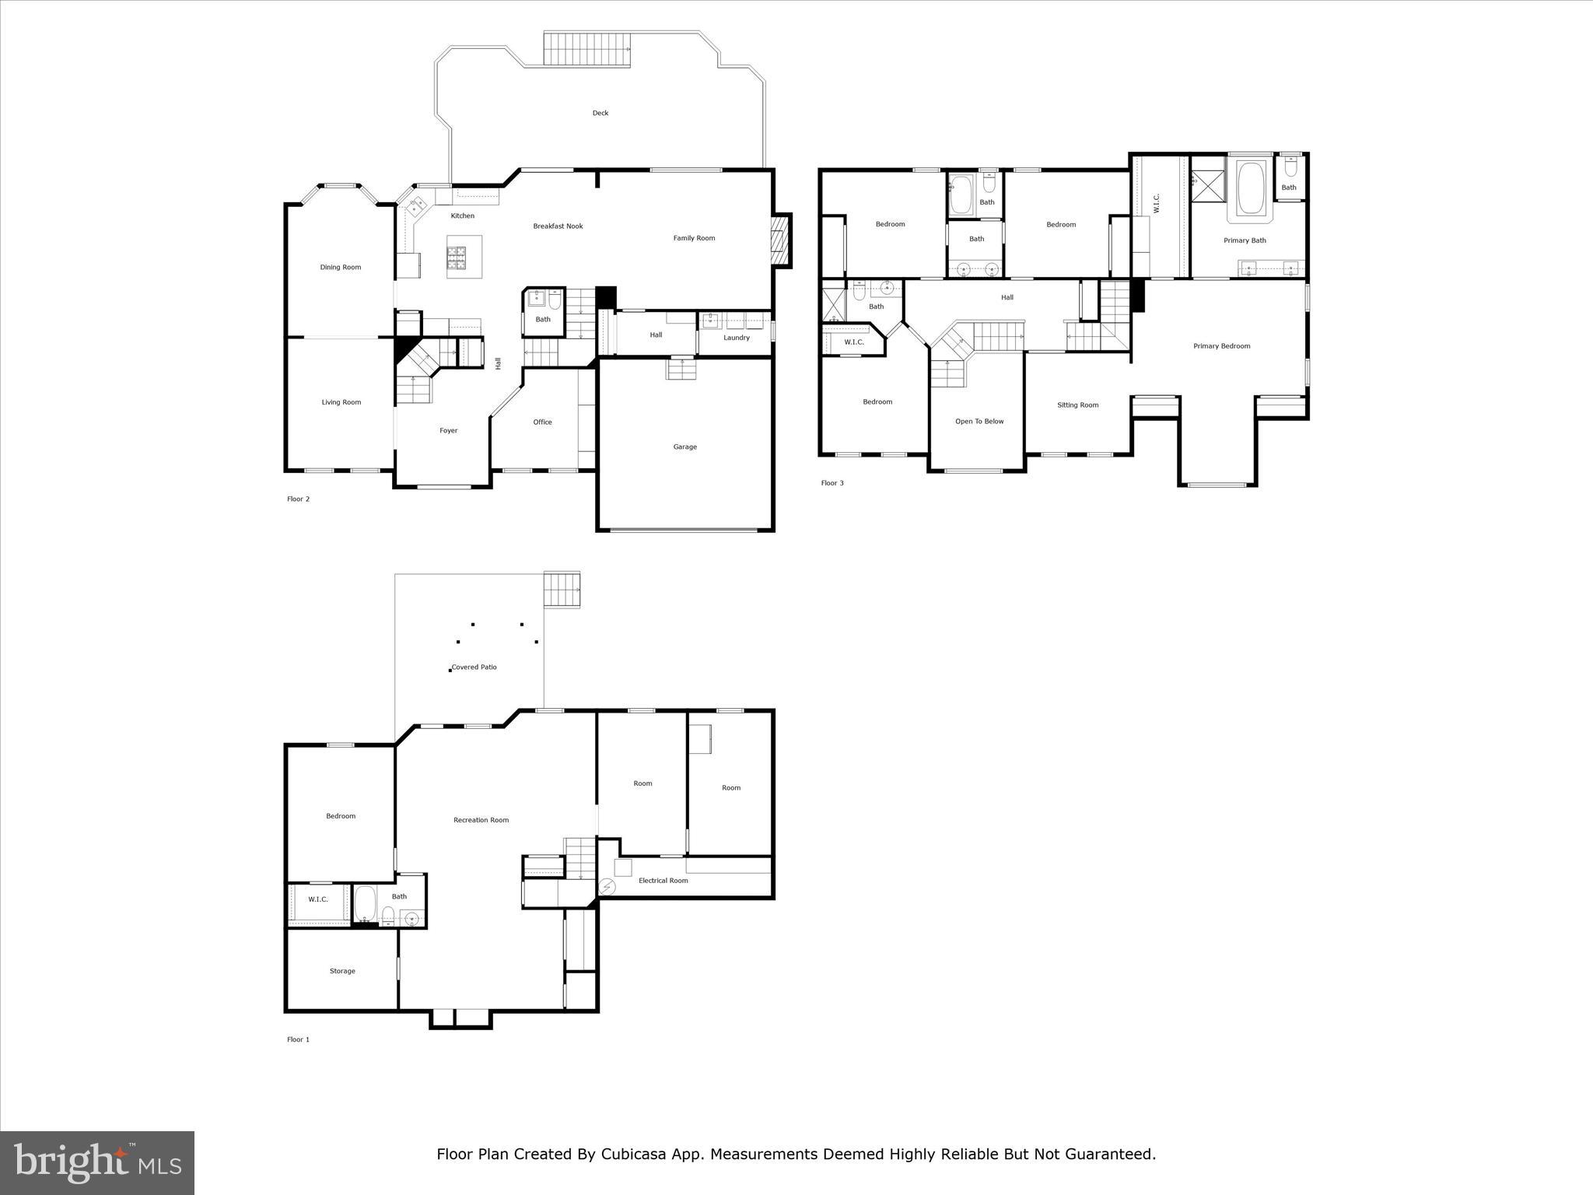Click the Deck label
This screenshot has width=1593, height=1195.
pos(600,114)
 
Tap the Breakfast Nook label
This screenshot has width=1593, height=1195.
pos(558,226)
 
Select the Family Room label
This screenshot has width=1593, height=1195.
pos(694,238)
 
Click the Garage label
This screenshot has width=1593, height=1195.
pos(684,447)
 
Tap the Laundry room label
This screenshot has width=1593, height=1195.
pos(736,338)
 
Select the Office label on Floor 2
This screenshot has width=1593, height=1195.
pos(542,422)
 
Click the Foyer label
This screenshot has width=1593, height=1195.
pos(449,431)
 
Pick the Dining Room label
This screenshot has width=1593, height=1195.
pos(341,268)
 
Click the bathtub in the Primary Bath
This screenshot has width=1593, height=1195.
pos(1250,188)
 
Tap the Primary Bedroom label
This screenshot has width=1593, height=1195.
pos(1221,346)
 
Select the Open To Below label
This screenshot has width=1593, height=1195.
pos(979,422)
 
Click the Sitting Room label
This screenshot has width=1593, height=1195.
pos(1077,405)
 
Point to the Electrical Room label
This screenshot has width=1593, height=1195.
pos(663,881)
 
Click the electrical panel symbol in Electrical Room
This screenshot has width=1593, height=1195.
pos(607,886)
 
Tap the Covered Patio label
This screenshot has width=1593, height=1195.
pos(474,668)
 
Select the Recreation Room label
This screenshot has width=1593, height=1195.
pos(481,820)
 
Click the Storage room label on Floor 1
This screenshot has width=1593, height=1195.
pos(342,971)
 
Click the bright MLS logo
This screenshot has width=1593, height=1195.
pos(97,1163)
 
